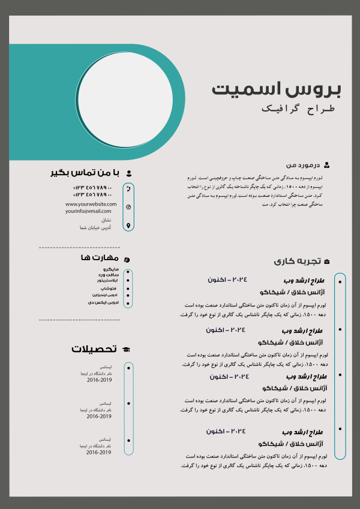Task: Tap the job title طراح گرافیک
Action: click(x=301, y=109)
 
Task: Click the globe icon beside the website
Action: click(x=128, y=207)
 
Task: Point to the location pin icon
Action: click(x=128, y=225)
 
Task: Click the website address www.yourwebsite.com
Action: click(x=89, y=204)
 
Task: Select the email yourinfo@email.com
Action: click(x=89, y=211)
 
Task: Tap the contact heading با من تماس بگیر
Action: click(x=85, y=173)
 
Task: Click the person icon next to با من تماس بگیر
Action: click(x=128, y=173)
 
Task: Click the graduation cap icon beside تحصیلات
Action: click(x=126, y=349)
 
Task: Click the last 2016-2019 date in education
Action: click(x=99, y=452)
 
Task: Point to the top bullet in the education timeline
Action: click(x=128, y=368)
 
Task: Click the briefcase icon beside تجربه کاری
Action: click(x=326, y=261)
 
